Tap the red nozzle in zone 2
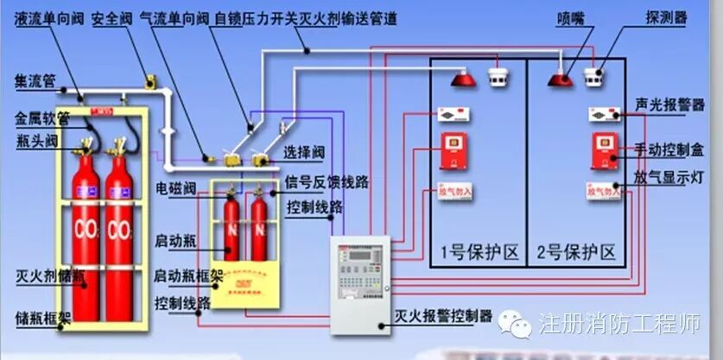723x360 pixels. [x=560, y=79]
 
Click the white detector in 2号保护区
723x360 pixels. [x=593, y=75]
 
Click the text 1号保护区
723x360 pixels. [x=479, y=253]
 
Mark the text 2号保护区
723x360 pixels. [x=576, y=253]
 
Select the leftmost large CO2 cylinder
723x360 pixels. [x=84, y=233]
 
